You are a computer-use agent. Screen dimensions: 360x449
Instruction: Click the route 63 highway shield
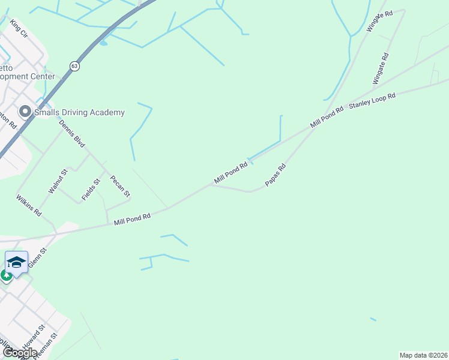point(74,66)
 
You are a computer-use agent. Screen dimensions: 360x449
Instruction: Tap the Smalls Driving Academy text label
point(79,112)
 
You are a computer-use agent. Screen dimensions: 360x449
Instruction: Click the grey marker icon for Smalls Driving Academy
point(25,112)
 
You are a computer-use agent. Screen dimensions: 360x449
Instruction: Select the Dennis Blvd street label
point(72,133)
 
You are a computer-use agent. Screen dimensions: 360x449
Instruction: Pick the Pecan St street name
point(120,186)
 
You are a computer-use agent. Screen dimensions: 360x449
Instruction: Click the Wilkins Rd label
point(29,205)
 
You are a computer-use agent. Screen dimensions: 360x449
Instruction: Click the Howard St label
point(34,337)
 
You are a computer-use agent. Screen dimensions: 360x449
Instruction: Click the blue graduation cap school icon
point(17,262)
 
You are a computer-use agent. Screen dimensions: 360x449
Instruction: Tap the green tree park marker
point(6,276)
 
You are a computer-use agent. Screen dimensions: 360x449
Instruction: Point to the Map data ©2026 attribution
point(423,355)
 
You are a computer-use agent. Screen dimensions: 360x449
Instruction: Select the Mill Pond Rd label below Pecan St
point(132,220)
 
